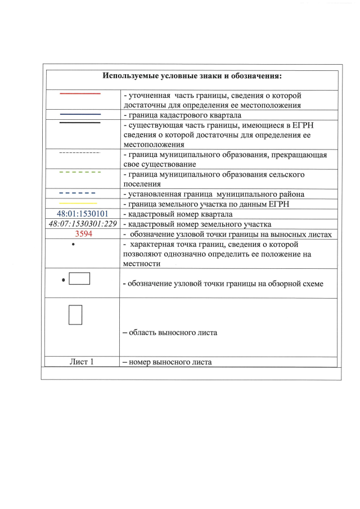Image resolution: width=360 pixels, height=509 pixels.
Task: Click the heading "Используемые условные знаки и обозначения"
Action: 192,76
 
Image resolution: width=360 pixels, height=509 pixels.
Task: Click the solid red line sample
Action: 80,94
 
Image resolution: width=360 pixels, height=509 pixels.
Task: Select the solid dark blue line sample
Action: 80,114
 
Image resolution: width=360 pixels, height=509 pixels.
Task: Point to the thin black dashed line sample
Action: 80,152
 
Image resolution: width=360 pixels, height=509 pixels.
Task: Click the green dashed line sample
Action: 80,172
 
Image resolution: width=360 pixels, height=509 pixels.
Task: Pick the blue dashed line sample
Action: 80,193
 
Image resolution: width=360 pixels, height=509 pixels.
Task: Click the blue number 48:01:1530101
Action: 83,214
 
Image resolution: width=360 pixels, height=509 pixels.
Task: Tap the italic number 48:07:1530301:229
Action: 83,224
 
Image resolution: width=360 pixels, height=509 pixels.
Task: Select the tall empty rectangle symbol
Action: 75,314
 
